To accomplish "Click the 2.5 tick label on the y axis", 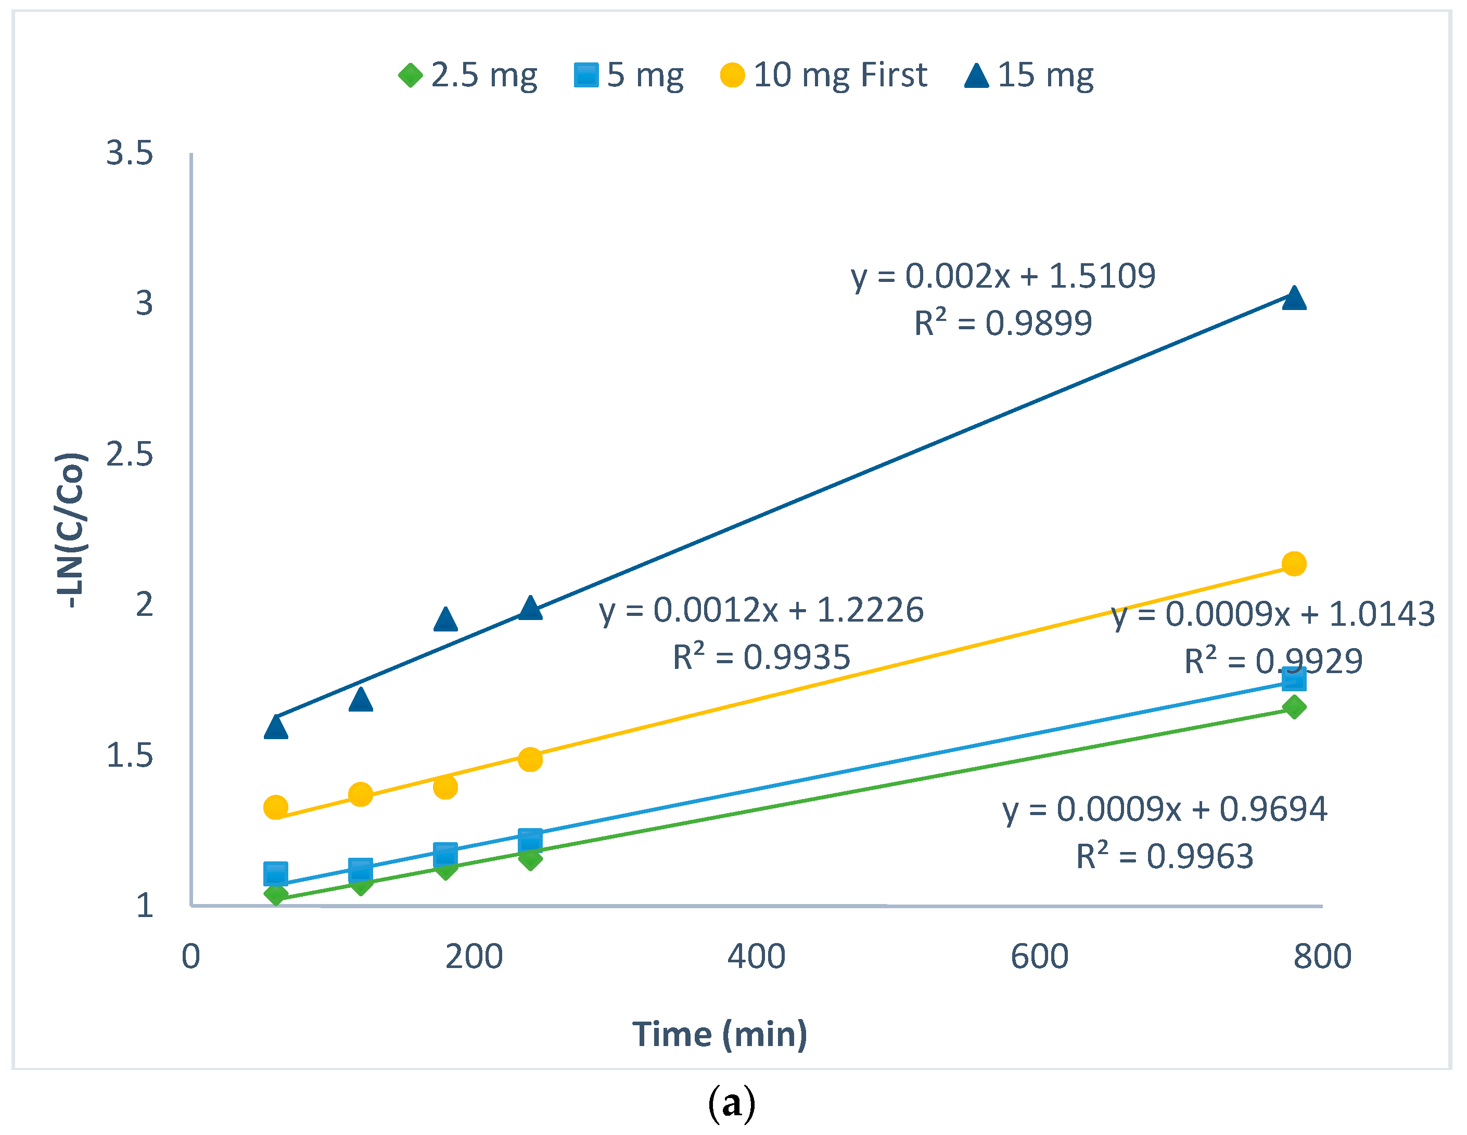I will click(x=130, y=455).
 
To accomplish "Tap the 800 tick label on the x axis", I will click(x=1322, y=957).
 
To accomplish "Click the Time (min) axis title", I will click(x=719, y=1034).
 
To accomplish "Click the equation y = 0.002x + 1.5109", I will click(x=1003, y=276).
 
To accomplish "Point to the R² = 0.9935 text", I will click(x=762, y=657).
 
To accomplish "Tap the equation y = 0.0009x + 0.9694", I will click(x=1165, y=809).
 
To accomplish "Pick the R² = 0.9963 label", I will click(x=1165, y=856).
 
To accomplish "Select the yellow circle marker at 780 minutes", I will click(x=1294, y=563).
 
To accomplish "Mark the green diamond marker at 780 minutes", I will click(x=1294, y=706).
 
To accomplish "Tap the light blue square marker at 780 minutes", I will click(x=1294, y=679).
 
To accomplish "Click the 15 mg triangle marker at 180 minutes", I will click(x=445, y=619).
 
